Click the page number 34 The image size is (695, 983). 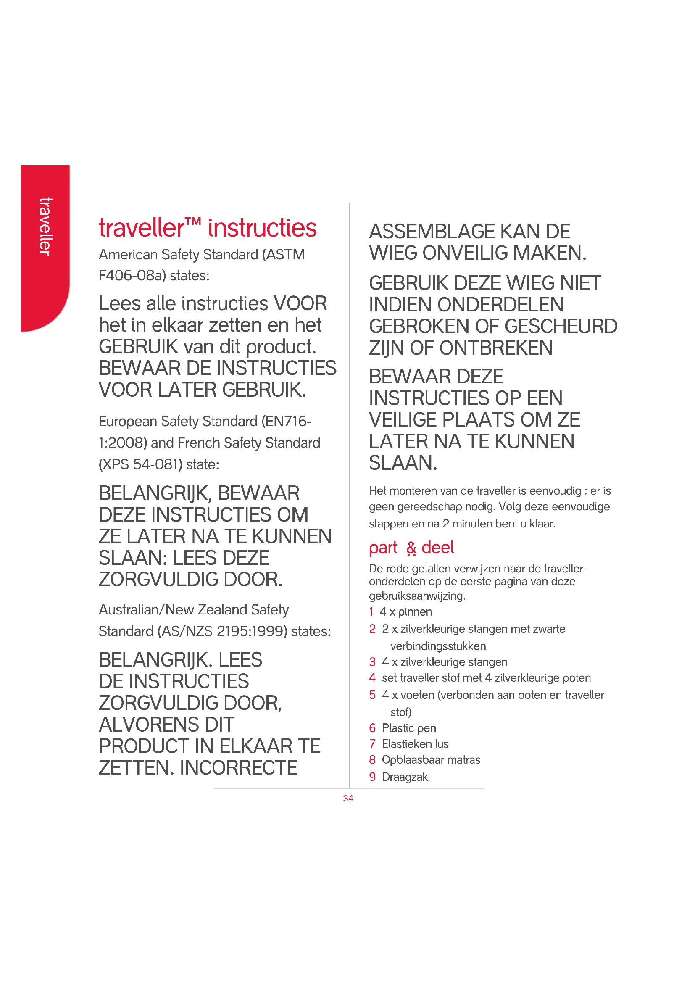click(348, 798)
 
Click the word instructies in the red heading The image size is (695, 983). click(262, 228)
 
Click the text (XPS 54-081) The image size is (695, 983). click(137, 464)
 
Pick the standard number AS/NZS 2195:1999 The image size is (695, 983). click(223, 631)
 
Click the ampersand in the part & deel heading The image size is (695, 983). click(411, 548)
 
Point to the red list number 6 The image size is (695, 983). click(372, 728)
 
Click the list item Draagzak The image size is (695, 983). click(404, 777)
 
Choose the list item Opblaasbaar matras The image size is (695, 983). click(431, 759)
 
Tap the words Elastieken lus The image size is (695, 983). click(415, 744)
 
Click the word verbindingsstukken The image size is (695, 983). click(438, 646)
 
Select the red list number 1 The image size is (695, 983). click(371, 611)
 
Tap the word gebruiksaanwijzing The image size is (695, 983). click(416, 596)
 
